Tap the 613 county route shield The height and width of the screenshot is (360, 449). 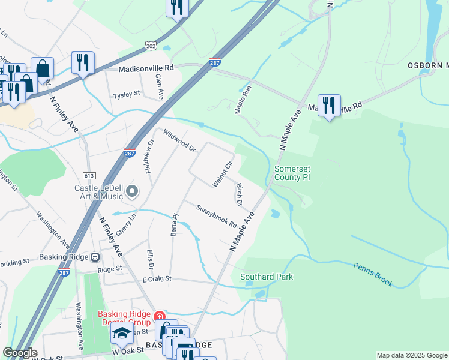tap(89, 175)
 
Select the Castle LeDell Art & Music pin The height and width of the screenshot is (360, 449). tap(133, 192)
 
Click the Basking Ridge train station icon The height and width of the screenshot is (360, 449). tap(95, 257)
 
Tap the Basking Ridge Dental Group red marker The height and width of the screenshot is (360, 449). tap(159, 316)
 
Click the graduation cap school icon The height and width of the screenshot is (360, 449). tap(122, 333)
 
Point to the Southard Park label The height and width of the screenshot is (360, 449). tap(267, 277)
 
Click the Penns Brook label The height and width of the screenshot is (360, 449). tap(373, 274)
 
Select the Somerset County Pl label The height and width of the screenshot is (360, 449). tap(292, 173)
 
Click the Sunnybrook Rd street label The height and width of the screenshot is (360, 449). tap(217, 215)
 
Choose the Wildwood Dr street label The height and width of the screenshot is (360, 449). tap(179, 140)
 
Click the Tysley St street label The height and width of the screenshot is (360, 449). tap(127, 94)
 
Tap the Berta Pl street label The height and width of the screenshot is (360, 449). tap(175, 224)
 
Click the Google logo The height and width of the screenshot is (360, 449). tap(19, 353)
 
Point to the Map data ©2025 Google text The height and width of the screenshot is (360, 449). tap(411, 355)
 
